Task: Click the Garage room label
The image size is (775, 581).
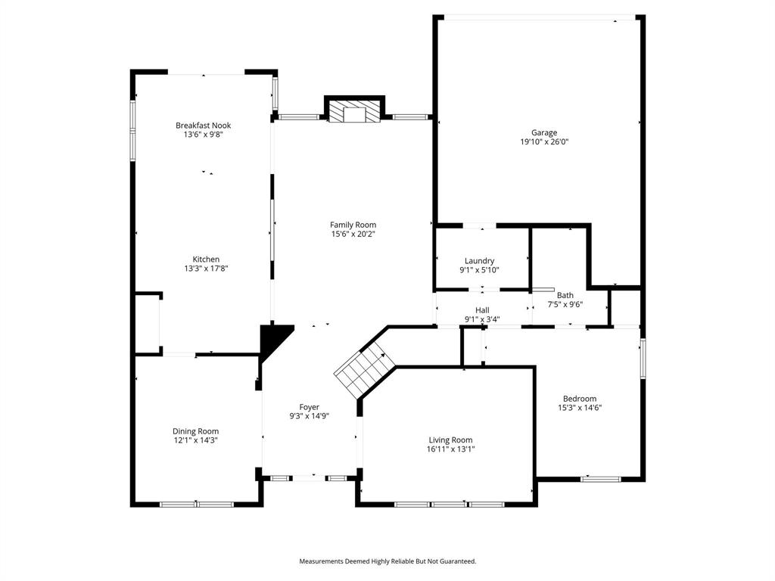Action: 538,132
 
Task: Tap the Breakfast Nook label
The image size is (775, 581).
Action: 203,126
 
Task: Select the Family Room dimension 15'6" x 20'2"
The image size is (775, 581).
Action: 353,235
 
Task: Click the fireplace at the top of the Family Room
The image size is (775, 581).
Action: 354,112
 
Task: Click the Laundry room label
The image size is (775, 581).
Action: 479,261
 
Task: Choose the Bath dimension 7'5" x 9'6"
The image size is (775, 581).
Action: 565,305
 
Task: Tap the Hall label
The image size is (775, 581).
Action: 482,310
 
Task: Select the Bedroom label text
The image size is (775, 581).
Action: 579,399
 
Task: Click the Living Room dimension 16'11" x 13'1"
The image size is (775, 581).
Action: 450,449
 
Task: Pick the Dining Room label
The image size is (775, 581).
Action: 195,431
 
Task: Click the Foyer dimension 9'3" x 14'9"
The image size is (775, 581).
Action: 309,416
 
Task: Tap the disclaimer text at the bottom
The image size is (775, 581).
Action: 387,561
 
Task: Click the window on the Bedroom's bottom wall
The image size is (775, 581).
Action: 601,479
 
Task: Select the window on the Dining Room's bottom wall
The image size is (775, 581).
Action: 197,504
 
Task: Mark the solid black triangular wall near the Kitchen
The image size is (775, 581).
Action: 272,338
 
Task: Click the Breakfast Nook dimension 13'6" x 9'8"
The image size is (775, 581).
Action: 203,135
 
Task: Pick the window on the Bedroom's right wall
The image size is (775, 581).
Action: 643,358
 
